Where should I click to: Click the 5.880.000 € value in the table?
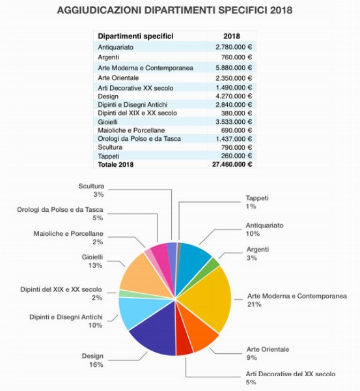[234, 68]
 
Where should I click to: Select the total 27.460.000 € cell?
[232, 165]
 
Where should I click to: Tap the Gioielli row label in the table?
[107, 123]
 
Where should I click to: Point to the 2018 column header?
[232, 36]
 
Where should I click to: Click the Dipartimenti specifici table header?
[135, 36]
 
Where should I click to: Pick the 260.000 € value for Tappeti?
[236, 156]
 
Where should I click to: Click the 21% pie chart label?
[254, 304]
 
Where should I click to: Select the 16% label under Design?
[96, 365]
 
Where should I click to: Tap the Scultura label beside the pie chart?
[91, 186]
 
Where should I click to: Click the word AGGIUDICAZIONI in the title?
[100, 10]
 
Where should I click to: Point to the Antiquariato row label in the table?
[115, 48]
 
